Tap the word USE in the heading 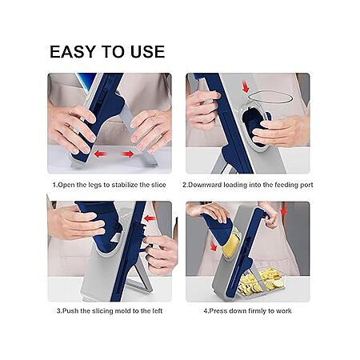pos(147,52)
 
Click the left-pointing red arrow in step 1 pos(100,154)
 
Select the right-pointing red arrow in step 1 pos(127,154)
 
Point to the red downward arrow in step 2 pos(246,88)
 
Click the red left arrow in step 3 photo pos(150,218)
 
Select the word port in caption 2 pos(306,185)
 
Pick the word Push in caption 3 pos(70,311)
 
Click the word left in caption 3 pos(157,311)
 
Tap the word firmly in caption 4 pos(258,311)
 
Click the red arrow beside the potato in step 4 pos(214,246)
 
